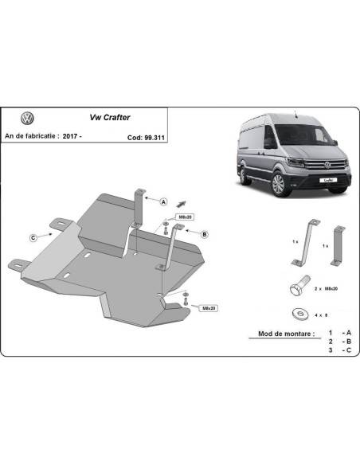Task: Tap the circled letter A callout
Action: [163, 201]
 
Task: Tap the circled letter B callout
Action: [205, 234]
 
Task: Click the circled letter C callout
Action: [33, 236]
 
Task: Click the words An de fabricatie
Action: [32, 137]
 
